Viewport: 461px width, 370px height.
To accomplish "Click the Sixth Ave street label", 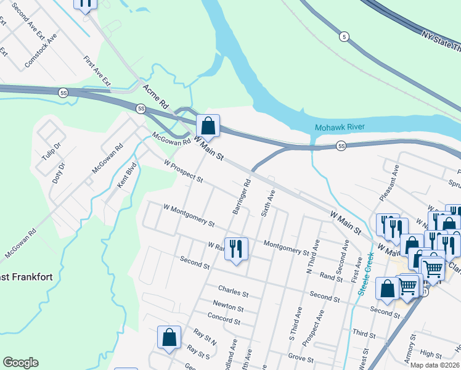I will tap(267, 203).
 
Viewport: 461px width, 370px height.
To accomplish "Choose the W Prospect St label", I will tap(183, 171).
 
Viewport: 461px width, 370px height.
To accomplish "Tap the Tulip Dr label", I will tap(51, 150).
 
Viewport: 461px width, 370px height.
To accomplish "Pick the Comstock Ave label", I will tap(41, 51).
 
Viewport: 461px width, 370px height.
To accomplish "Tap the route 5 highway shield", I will tap(344, 37).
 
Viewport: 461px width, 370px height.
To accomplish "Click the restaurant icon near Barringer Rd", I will tap(235, 249).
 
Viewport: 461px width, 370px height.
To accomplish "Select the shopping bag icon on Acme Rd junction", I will tap(208, 126).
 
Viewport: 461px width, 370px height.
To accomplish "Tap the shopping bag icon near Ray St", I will tap(169, 337).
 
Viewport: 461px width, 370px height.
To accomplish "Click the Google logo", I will tap(20, 363).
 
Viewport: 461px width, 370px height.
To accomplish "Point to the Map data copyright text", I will tap(435, 365).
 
